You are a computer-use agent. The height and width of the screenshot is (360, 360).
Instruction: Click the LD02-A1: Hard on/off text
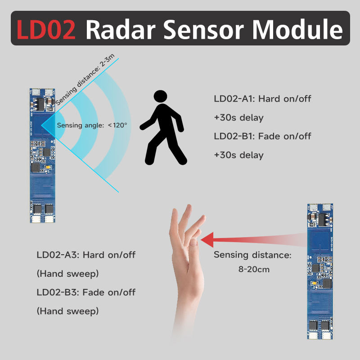pyautogui.click(x=262, y=99)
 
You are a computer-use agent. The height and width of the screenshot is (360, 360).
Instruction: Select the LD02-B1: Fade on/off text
pyautogui.click(x=262, y=136)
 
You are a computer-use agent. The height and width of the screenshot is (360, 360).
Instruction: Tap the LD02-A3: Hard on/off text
pyautogui.click(x=86, y=255)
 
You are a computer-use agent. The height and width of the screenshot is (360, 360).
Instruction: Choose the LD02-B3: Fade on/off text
pyautogui.click(x=86, y=292)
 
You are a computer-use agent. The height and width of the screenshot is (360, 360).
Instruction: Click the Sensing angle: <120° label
pyautogui.click(x=92, y=125)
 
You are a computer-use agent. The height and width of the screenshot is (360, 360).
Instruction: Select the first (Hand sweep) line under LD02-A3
pyautogui.click(x=67, y=273)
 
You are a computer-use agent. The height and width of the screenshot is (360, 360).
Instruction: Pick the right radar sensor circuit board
pyautogui.click(x=320, y=270)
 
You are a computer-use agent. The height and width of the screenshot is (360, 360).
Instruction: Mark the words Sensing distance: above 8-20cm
pyautogui.click(x=252, y=255)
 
